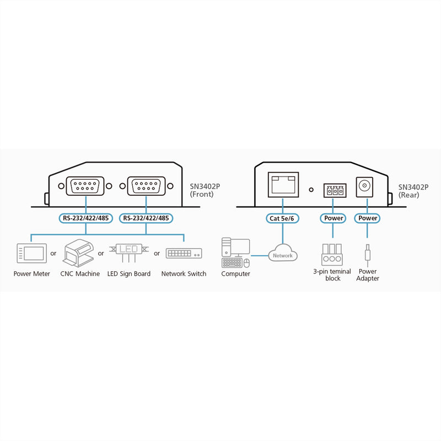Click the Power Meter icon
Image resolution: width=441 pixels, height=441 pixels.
[x=32, y=253]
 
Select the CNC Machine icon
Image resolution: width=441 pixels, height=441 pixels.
[x=78, y=253]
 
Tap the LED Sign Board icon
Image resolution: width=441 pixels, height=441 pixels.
[x=129, y=252]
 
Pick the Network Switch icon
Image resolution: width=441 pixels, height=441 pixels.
[x=184, y=253]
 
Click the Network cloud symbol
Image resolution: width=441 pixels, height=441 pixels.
[x=283, y=252]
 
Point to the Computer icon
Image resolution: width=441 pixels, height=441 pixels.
[x=236, y=253]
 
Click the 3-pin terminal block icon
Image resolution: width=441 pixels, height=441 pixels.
[x=332, y=255]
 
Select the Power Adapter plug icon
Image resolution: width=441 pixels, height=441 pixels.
[x=367, y=255]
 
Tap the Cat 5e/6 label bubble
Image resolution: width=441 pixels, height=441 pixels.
[x=282, y=218]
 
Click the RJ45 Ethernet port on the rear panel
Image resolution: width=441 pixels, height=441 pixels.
[x=283, y=185]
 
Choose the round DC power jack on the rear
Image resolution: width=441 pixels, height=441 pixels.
[x=364, y=186]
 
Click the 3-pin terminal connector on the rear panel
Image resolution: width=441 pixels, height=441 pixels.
[x=335, y=190]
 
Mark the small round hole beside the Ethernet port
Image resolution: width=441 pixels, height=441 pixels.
[x=311, y=190]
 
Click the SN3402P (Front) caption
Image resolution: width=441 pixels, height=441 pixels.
[x=205, y=190]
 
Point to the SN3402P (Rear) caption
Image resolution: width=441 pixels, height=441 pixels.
[x=413, y=191]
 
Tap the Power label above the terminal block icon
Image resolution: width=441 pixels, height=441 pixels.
[x=334, y=218]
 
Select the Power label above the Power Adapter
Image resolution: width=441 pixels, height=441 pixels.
[x=368, y=218]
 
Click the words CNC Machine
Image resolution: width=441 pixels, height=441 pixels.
[x=80, y=273]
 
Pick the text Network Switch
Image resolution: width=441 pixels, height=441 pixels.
[x=184, y=273]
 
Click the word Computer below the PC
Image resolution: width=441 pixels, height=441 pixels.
[x=236, y=274]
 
